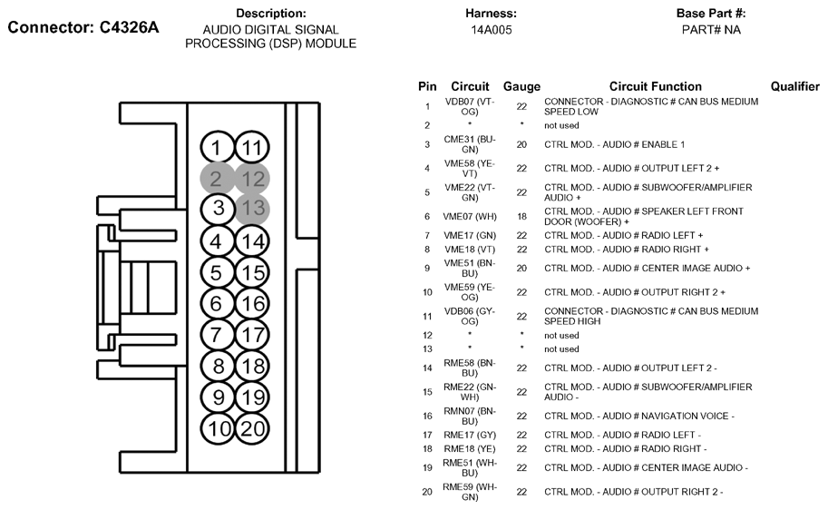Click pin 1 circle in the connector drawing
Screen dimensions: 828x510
(x=217, y=147)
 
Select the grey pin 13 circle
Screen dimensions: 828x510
(x=252, y=209)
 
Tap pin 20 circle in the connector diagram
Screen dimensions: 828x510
(x=252, y=428)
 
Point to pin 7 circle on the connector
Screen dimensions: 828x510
(x=217, y=335)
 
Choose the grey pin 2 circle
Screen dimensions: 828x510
(x=217, y=179)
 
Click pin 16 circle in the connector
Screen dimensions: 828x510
(x=252, y=303)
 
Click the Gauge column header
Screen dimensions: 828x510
(x=521, y=87)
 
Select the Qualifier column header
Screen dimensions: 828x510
(x=794, y=86)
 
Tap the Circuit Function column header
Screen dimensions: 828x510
(x=656, y=86)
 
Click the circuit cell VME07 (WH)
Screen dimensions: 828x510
(x=470, y=217)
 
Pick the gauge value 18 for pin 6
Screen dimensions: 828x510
(x=521, y=217)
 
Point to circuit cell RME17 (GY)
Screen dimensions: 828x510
(x=470, y=435)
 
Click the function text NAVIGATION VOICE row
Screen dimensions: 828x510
(x=639, y=416)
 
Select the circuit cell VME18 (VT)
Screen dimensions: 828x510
(x=470, y=250)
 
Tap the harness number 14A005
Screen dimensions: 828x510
(x=492, y=30)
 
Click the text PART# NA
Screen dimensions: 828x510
(x=711, y=30)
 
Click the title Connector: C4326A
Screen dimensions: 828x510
(x=83, y=27)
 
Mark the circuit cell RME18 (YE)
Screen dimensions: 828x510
(x=470, y=448)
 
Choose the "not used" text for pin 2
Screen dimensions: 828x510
(x=561, y=126)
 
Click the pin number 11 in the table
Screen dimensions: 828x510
(x=427, y=317)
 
